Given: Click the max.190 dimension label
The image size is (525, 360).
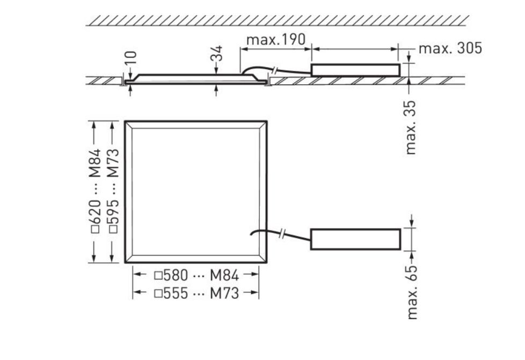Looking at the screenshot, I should pos(275,40).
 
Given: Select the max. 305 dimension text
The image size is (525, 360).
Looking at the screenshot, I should pos(450,48).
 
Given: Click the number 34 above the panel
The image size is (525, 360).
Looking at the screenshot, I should pos(216,54).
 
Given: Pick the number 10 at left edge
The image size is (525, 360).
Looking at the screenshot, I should pos(131,58).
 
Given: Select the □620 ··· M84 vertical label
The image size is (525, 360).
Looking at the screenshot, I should pos(95,192).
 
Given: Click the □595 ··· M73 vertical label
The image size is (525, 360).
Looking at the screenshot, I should pos(113,192).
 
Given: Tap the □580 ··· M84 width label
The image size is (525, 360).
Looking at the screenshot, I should pos(196,276).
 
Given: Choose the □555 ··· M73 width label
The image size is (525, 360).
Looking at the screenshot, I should pos(196,293).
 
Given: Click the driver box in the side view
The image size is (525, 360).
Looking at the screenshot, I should pos(355,70).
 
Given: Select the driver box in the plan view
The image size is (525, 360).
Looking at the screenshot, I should pos(355,239).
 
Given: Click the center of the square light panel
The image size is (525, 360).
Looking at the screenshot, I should pos(196,192).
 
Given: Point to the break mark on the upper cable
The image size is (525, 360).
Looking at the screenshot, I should pos(275,71).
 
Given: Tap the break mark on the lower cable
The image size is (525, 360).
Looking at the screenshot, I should pos(283,233).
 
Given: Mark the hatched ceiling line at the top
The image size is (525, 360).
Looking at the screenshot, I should pos(276,20).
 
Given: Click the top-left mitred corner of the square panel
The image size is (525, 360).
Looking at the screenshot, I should pos(129,125).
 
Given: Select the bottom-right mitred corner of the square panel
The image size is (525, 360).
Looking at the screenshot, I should pos(263,259).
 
